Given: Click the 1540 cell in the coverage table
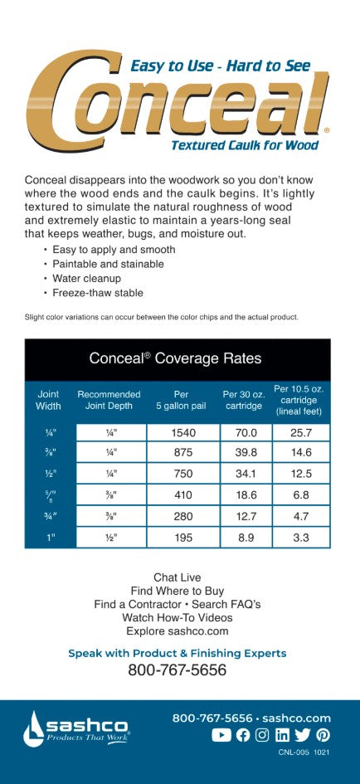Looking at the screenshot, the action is tap(182, 432).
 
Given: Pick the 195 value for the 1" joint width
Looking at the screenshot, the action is tap(182, 538).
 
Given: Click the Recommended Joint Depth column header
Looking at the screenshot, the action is tap(109, 400).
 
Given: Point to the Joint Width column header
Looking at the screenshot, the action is tap(48, 400).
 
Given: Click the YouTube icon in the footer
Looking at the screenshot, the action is tap(221, 735).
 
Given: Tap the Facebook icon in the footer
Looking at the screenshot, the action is tap(242, 735).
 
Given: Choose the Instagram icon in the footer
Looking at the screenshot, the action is tap(262, 735).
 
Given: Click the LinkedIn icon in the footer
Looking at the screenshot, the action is tap(282, 735).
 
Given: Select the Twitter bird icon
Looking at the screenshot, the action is tap(302, 735).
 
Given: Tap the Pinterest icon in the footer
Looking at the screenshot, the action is tap(323, 735).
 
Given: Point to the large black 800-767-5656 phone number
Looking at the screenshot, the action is tap(177, 670).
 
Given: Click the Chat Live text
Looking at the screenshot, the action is tap(177, 577).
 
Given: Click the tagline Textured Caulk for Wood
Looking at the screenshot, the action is tap(244, 145).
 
